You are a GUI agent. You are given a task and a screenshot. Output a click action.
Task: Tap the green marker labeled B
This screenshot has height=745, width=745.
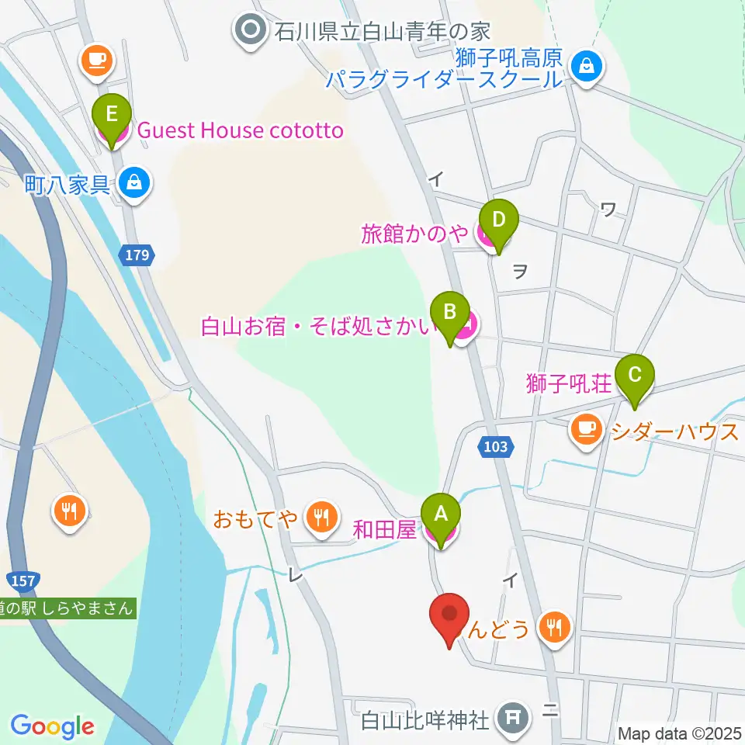[450, 312]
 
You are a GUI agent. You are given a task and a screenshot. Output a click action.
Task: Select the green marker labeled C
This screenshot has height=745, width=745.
[635, 376]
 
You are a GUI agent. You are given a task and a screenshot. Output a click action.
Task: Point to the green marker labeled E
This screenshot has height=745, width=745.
[112, 116]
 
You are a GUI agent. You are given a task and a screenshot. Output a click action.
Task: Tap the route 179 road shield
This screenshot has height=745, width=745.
[139, 254]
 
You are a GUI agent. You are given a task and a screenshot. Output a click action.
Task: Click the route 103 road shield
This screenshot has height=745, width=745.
[494, 446]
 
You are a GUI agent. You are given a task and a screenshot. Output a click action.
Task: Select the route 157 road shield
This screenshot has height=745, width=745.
[21, 580]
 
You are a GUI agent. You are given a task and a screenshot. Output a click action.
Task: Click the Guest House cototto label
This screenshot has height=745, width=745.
[240, 130]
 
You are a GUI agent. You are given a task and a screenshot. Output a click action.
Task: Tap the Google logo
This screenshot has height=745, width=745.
[52, 726]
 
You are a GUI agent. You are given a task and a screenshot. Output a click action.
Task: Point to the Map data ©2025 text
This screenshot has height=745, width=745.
[680, 732]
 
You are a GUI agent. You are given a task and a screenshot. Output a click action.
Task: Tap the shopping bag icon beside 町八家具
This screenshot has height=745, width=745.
[135, 184]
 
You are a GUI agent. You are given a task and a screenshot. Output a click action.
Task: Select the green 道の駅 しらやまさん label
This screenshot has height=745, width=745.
[68, 608]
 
